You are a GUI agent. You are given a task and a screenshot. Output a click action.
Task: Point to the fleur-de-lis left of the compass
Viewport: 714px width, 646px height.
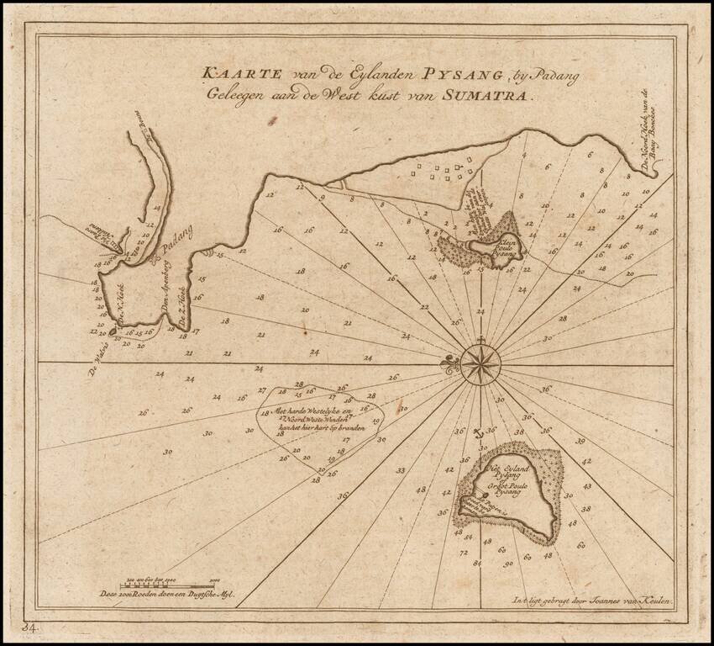(x=447, y=363)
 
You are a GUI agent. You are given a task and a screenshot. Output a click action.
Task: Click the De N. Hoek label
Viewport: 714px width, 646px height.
(x=129, y=315)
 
